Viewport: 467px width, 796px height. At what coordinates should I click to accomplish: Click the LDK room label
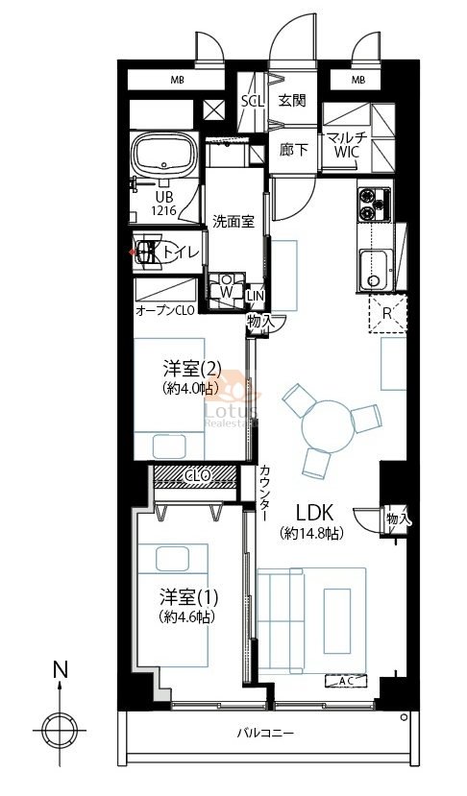[314, 513]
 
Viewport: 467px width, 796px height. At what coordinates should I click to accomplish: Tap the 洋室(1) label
[188, 597]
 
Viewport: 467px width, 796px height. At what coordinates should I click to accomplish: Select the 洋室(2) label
[192, 367]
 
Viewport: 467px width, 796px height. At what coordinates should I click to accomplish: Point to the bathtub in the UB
[163, 154]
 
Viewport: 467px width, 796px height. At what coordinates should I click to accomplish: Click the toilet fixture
[148, 253]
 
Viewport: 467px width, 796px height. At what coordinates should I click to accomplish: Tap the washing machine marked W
[226, 291]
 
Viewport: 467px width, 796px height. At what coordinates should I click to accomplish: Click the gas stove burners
[375, 205]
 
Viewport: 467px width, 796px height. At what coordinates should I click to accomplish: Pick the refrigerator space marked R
[387, 313]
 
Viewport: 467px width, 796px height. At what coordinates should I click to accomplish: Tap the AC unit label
[346, 681]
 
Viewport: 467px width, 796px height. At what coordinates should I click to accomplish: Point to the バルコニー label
[265, 733]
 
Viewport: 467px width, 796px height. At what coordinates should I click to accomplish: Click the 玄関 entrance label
[292, 101]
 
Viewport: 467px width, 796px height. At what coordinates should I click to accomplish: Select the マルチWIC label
[347, 145]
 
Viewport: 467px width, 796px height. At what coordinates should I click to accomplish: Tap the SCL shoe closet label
[253, 101]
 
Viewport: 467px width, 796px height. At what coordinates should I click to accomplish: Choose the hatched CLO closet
[196, 476]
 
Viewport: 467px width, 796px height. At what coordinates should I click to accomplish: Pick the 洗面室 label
[233, 222]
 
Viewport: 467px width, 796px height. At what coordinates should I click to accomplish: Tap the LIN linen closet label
[255, 295]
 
